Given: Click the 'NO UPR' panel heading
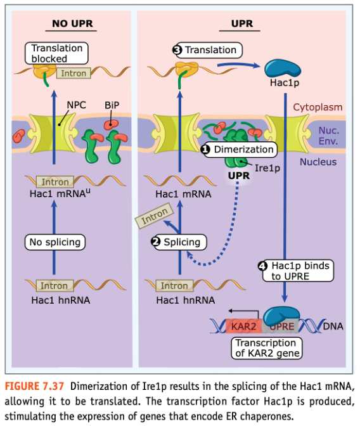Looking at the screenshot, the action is (72, 23).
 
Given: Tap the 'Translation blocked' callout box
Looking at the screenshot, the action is (56, 53).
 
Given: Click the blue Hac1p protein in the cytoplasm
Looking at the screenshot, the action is (283, 68).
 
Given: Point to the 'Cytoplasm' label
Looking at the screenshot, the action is (318, 107).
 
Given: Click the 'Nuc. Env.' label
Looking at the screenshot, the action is (329, 136).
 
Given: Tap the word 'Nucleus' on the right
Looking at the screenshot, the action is (318, 162).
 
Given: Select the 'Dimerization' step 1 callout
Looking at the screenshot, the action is (240, 150).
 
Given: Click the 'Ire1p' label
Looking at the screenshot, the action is (267, 168).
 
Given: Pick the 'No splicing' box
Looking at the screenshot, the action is (55, 242).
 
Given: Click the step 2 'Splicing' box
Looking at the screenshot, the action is (179, 242).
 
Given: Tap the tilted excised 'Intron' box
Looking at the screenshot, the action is (154, 216).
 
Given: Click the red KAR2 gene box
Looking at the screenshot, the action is (244, 326).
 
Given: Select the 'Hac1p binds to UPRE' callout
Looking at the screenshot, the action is (296, 271).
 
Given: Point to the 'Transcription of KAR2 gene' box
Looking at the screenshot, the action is (267, 348).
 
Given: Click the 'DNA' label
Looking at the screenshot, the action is (333, 326).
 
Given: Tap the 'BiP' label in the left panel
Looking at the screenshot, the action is (112, 105).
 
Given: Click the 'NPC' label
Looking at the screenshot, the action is (76, 105).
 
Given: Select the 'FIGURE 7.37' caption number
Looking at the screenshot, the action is (34, 386).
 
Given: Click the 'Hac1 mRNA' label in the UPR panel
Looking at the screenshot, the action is (183, 194).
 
